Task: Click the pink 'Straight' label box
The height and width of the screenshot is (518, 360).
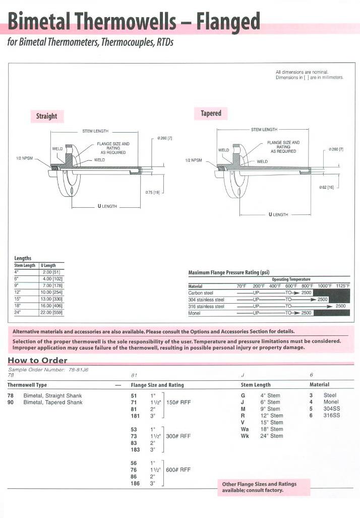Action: tap(46, 116)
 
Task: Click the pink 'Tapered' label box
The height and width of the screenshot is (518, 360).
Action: tap(211, 113)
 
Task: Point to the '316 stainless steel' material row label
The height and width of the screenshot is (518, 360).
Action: tap(206, 306)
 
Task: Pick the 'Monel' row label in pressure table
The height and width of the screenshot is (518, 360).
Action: tap(195, 313)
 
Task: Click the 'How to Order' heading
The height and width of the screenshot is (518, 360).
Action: tap(37, 360)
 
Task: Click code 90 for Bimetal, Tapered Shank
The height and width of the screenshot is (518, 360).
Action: tap(11, 402)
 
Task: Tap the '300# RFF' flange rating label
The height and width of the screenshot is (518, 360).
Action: tap(178, 436)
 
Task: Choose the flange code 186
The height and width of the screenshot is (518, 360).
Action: tap(135, 483)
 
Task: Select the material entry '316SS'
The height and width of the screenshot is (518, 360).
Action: tap(331, 416)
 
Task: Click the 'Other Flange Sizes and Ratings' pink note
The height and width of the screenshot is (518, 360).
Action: tap(259, 487)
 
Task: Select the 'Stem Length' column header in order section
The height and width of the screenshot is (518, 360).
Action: tap(256, 385)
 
